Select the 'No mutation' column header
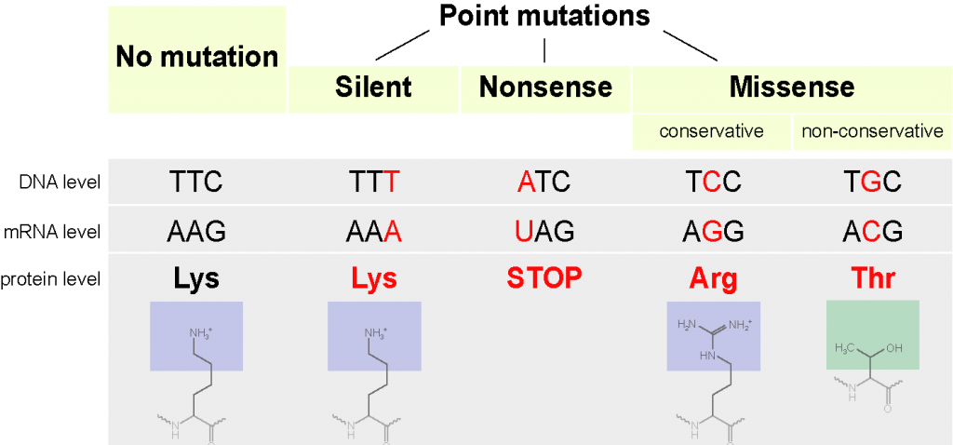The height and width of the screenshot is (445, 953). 196,57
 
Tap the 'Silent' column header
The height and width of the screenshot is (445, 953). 373,88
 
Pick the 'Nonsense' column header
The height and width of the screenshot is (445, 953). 545,88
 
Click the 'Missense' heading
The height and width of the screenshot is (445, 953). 791,88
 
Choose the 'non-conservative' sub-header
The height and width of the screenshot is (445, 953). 872,131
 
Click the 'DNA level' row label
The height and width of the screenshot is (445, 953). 62,181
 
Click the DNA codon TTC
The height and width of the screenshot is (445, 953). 196,181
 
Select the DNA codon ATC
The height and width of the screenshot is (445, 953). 543,181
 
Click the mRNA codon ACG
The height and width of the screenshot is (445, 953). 872,231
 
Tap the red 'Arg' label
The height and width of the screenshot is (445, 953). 713,278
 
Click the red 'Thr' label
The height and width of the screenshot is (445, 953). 872,278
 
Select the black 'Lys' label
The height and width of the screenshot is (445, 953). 196,278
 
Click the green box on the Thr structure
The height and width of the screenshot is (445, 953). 872,334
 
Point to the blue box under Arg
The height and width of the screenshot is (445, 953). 713,335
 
